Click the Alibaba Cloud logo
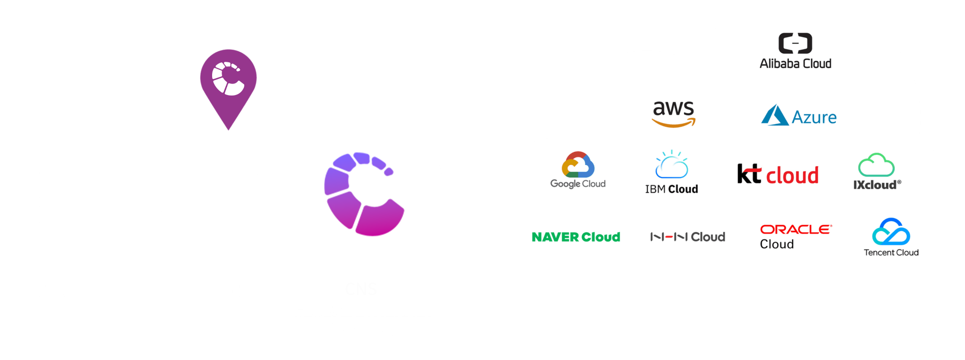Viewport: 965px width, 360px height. [795, 51]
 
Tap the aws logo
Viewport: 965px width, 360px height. [673, 114]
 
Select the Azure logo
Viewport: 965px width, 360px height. [799, 116]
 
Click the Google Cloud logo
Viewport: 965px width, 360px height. [578, 170]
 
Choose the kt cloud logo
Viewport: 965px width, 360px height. [778, 174]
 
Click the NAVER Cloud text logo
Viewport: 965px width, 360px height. [575, 237]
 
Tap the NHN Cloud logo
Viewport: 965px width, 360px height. [688, 237]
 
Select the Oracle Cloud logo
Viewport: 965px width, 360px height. [796, 236]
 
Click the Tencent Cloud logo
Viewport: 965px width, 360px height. [891, 237]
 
